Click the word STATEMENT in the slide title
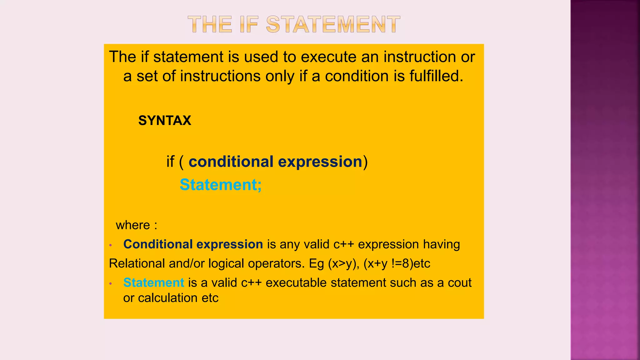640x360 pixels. [x=333, y=24]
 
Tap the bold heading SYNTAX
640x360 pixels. [x=165, y=121]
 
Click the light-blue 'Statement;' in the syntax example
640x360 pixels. [x=221, y=185]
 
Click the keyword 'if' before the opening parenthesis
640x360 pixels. [x=170, y=162]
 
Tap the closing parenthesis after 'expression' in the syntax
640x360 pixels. [x=365, y=162]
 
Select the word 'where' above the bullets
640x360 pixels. [x=133, y=225]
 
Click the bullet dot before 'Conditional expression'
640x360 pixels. [x=111, y=245]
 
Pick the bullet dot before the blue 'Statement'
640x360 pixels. [x=111, y=284]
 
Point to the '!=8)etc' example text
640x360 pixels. [x=411, y=263]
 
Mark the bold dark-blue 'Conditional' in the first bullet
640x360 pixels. [x=158, y=244]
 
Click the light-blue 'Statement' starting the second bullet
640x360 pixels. [x=154, y=283]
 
